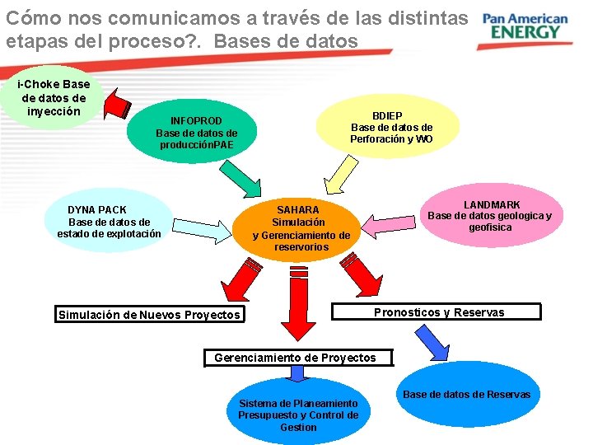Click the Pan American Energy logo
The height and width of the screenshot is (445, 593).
coord(525,26)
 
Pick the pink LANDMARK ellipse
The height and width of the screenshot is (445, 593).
coord(491,215)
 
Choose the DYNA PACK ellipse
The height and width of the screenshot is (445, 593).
coord(109,222)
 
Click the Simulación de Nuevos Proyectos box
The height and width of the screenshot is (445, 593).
coord(150,314)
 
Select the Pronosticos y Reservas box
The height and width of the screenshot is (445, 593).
coord(438,311)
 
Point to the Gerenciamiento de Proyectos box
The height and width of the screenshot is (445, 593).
coord(295,358)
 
